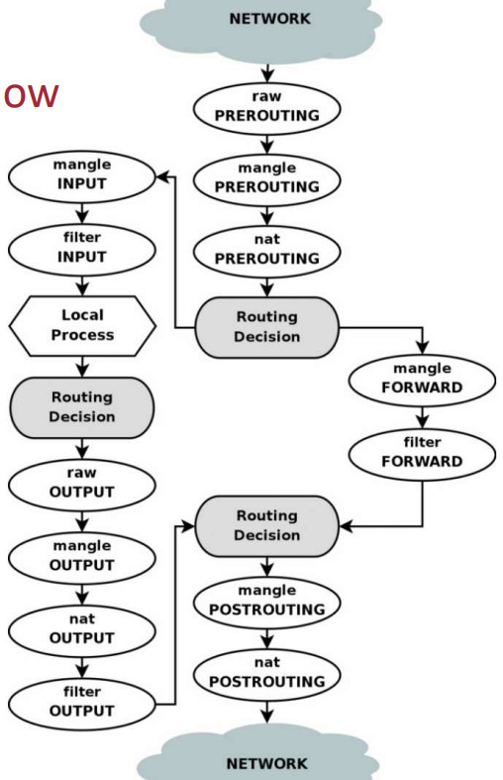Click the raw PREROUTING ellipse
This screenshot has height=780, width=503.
click(x=267, y=108)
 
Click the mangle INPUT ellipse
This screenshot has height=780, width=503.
click(x=82, y=176)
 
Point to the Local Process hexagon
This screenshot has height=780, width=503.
click(x=82, y=326)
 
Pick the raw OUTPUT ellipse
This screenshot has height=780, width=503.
click(x=82, y=485)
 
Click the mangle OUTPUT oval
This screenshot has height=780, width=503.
click(x=82, y=558)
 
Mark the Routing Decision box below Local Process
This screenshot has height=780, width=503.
click(x=82, y=407)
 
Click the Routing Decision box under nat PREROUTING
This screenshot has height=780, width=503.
click(x=267, y=327)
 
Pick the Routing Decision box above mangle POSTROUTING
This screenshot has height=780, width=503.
click(x=267, y=526)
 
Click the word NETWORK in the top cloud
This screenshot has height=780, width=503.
click(x=270, y=19)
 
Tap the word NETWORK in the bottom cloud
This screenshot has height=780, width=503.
click(x=267, y=763)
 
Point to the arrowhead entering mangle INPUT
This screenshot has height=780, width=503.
click(x=162, y=176)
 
